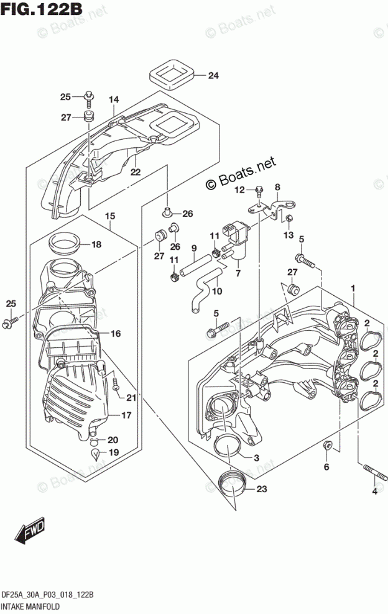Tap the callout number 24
pyautogui.click(x=213, y=75)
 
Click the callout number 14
pyautogui.click(x=114, y=100)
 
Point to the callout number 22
pyautogui.click(x=135, y=172)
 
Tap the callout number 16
pyautogui.click(x=116, y=334)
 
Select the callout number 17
pyautogui.click(x=126, y=415)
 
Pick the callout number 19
pyautogui.click(x=113, y=452)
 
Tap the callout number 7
pyautogui.click(x=238, y=273)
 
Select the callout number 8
pyautogui.click(x=277, y=187)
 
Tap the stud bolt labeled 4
pyautogui.click(x=376, y=472)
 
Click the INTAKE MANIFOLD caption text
pyautogui.click(x=30, y=607)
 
